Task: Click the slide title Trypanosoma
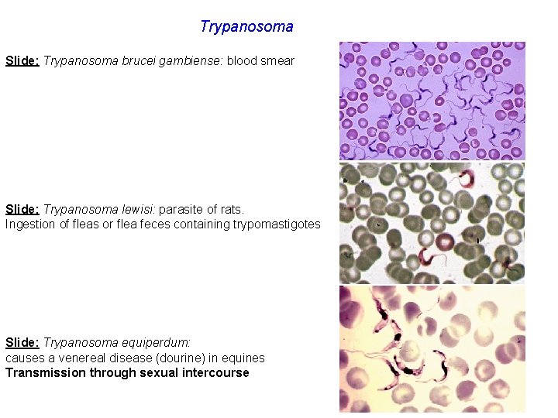(246, 27)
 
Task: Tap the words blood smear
(260, 60)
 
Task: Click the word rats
(232, 210)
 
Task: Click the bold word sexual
(158, 372)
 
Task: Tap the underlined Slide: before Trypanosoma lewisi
(22, 210)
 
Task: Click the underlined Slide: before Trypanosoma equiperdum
(22, 342)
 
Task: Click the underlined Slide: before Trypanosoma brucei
(22, 60)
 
